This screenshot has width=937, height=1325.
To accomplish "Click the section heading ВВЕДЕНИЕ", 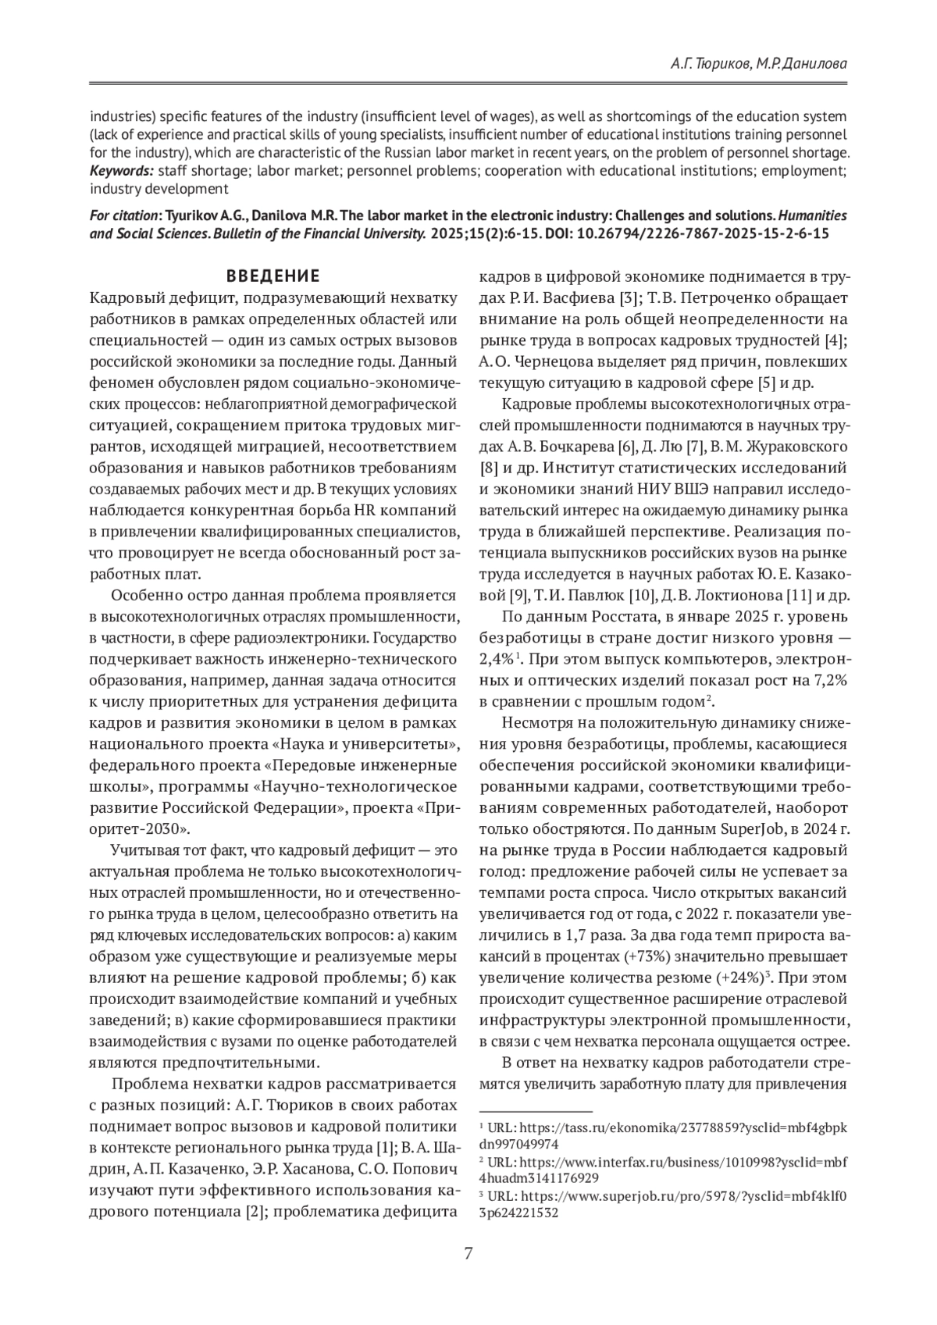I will (x=273, y=276).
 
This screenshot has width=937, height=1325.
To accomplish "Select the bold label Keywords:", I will (x=121, y=170).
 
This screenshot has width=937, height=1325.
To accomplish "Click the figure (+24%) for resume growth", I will (x=742, y=978).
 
